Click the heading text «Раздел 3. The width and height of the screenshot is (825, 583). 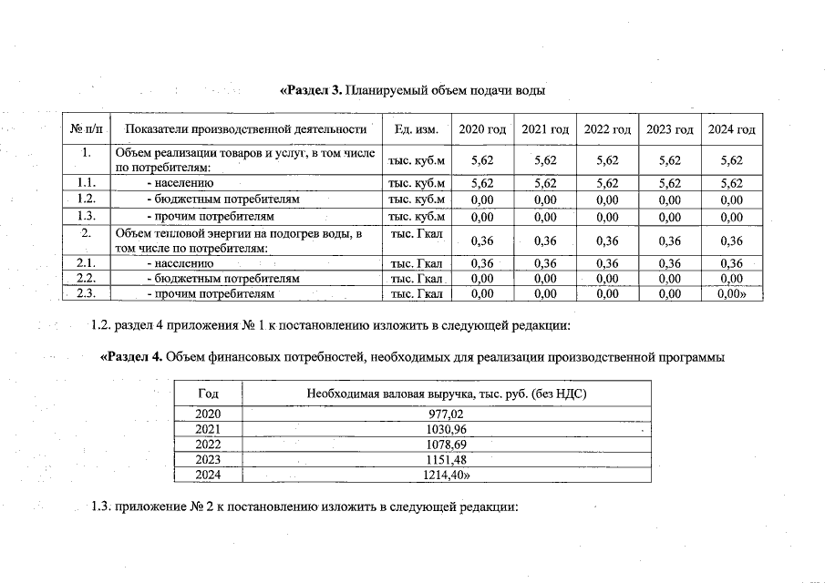(x=310, y=90)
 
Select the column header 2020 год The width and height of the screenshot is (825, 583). (x=482, y=130)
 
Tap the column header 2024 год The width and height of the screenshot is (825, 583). (x=731, y=130)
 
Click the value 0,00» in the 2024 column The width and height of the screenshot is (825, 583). (x=731, y=293)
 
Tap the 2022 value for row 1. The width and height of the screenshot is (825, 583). (x=607, y=160)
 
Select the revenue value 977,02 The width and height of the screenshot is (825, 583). (x=446, y=413)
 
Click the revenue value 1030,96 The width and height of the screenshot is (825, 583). (x=446, y=428)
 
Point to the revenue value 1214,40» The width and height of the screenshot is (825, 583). (x=446, y=475)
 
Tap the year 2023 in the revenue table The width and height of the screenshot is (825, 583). (x=208, y=459)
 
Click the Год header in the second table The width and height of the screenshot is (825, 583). (x=208, y=393)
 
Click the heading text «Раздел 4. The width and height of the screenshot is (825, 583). (x=131, y=357)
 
